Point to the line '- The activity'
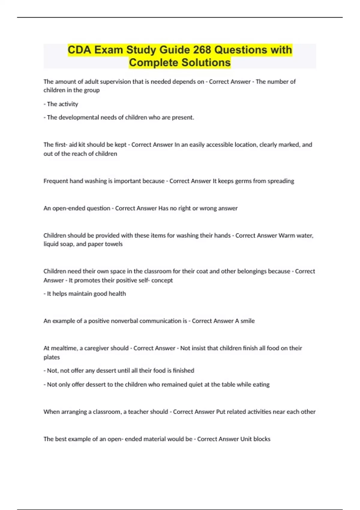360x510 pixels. coord(61,104)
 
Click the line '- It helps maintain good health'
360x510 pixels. coord(85,294)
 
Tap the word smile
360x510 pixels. coord(247,321)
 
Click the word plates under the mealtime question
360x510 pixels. coord(52,357)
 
